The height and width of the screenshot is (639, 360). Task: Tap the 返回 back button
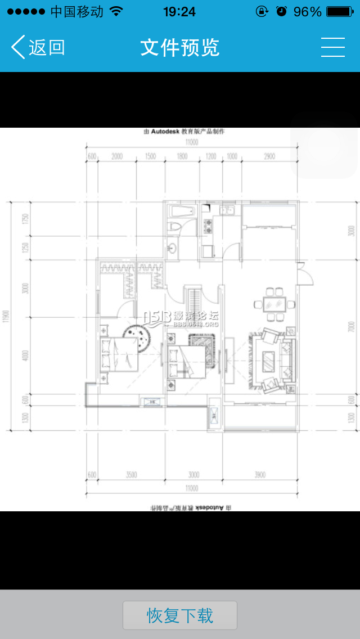click(x=38, y=48)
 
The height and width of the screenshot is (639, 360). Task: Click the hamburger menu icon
click(x=332, y=48)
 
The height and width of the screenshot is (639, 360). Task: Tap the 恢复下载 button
click(x=180, y=615)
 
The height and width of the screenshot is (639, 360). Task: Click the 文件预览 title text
click(x=180, y=48)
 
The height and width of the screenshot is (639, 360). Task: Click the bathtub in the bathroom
click(x=182, y=213)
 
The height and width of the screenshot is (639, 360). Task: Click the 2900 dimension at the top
click(x=269, y=157)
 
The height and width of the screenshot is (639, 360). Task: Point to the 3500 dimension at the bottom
click(x=132, y=475)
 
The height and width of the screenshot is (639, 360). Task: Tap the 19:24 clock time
click(x=179, y=11)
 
